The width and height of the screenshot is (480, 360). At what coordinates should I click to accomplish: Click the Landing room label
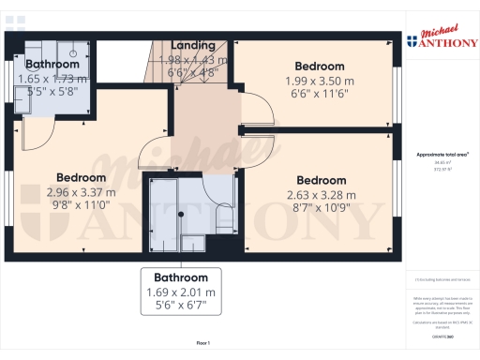click(x=192, y=45)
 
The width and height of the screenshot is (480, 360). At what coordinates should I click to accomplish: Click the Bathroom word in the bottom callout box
click(x=181, y=277)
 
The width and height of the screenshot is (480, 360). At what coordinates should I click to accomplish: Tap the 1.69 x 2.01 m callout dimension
click(x=181, y=292)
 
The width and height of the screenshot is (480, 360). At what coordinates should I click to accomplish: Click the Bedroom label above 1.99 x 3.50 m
click(x=320, y=67)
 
